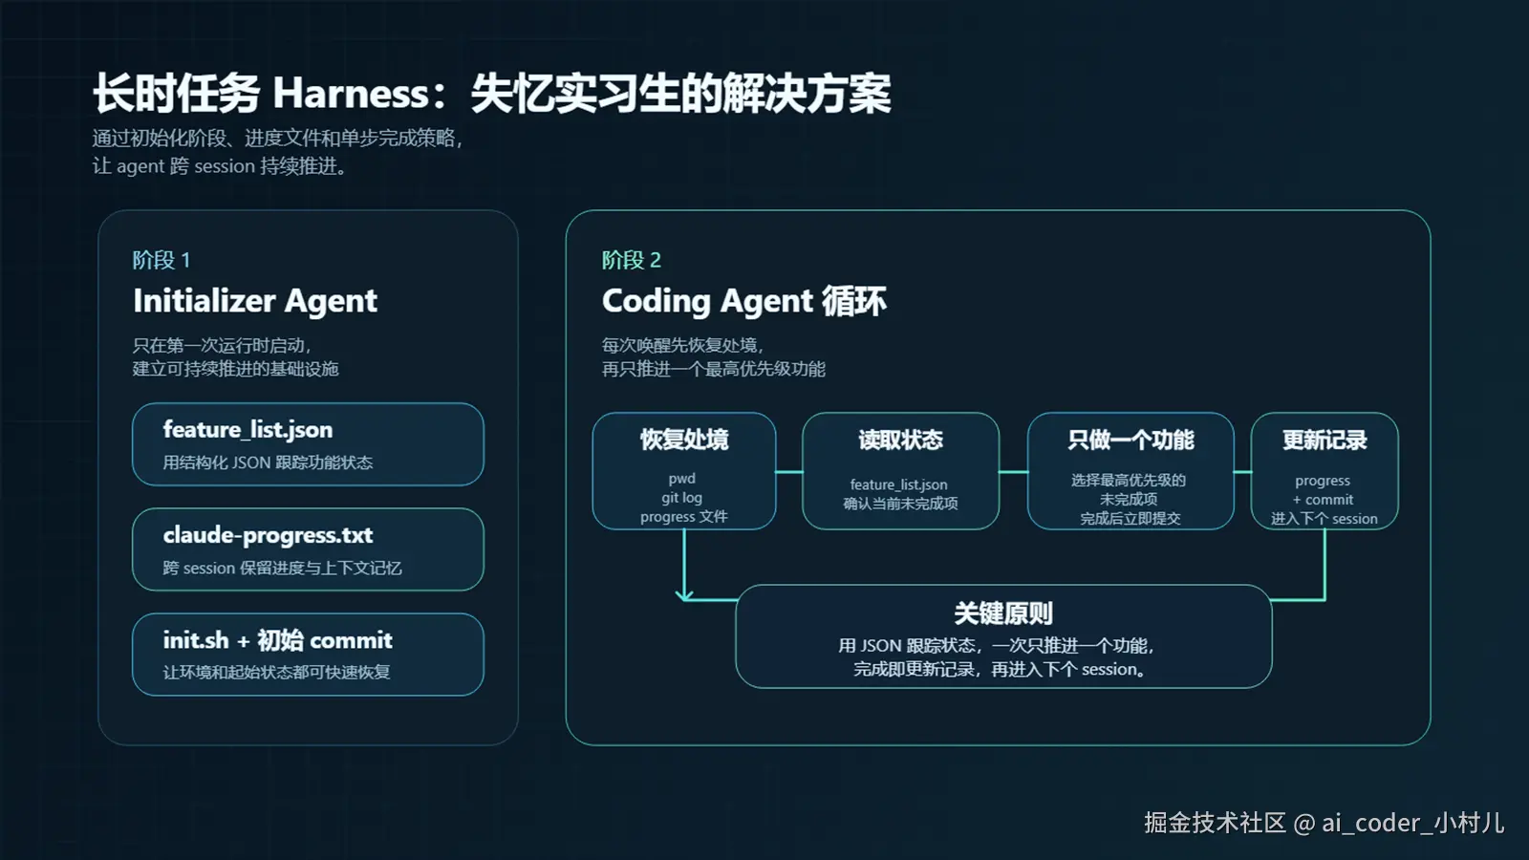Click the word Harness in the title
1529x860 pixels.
point(350,94)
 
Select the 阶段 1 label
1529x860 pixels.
point(161,260)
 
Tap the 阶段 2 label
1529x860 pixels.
point(631,260)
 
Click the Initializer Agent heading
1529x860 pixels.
point(255,301)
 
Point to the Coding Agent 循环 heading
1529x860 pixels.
point(743,301)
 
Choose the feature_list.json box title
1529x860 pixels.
point(248,430)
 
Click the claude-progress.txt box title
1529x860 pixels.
point(268,535)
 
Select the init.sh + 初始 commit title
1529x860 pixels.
point(277,640)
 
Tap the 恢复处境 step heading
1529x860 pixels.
point(684,440)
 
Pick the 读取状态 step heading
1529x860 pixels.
point(900,440)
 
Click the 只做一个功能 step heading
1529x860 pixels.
point(1131,440)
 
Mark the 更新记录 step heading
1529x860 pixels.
point(1324,440)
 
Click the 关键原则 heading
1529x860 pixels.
point(1003,613)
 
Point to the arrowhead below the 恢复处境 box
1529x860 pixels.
point(684,595)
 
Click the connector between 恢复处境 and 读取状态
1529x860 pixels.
point(789,471)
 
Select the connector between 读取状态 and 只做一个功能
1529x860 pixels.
point(1013,471)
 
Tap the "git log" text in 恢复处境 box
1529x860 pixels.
point(681,498)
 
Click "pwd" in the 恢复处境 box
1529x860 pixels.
point(681,479)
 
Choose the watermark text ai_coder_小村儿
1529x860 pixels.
point(1412,823)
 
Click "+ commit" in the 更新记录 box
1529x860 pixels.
point(1324,500)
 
